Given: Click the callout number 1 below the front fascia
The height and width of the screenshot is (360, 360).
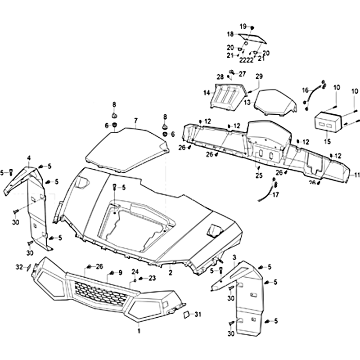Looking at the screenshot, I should (139, 331).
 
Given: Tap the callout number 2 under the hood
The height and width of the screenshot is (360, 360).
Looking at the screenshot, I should (171, 272).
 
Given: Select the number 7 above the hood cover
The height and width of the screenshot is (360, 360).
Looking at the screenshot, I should (135, 120).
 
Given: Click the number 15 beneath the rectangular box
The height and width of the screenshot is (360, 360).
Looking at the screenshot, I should (327, 142).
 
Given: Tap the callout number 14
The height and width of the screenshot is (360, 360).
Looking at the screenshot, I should (207, 93).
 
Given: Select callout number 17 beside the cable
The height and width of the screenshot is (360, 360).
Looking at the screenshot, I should (275, 195).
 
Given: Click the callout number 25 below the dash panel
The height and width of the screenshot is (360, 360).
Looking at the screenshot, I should (259, 175).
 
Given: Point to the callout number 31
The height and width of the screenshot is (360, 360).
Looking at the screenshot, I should (198, 315).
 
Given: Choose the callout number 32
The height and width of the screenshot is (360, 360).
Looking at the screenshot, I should (19, 267).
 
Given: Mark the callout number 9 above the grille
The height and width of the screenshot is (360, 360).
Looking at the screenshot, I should (120, 273).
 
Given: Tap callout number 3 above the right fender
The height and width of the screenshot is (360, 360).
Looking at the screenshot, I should (234, 257).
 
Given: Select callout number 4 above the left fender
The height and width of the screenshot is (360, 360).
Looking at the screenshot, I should (29, 157).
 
